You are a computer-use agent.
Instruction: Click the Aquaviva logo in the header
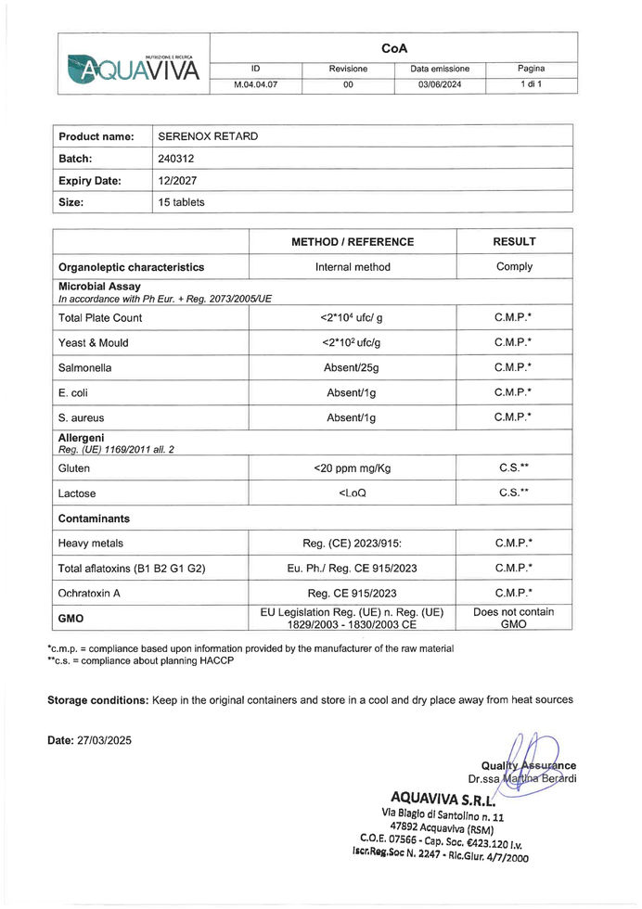[134, 64]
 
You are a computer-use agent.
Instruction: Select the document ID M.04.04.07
[254, 85]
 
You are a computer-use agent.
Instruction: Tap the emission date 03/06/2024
[440, 85]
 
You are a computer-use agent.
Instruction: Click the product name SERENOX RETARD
[208, 136]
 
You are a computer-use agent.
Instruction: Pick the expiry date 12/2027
[178, 181]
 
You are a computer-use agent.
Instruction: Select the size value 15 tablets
[181, 202]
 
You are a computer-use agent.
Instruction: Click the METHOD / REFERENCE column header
[353, 242]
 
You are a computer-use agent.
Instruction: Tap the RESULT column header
[514, 242]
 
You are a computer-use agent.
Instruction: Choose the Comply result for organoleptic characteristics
[514, 267]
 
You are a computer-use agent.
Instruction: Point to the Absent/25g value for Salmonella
[353, 368]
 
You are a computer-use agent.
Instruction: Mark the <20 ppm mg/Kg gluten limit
[353, 468]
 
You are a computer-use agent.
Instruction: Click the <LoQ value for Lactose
[353, 493]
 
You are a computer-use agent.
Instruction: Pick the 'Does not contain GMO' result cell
[514, 618]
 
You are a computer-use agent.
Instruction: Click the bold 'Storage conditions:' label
[97, 699]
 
